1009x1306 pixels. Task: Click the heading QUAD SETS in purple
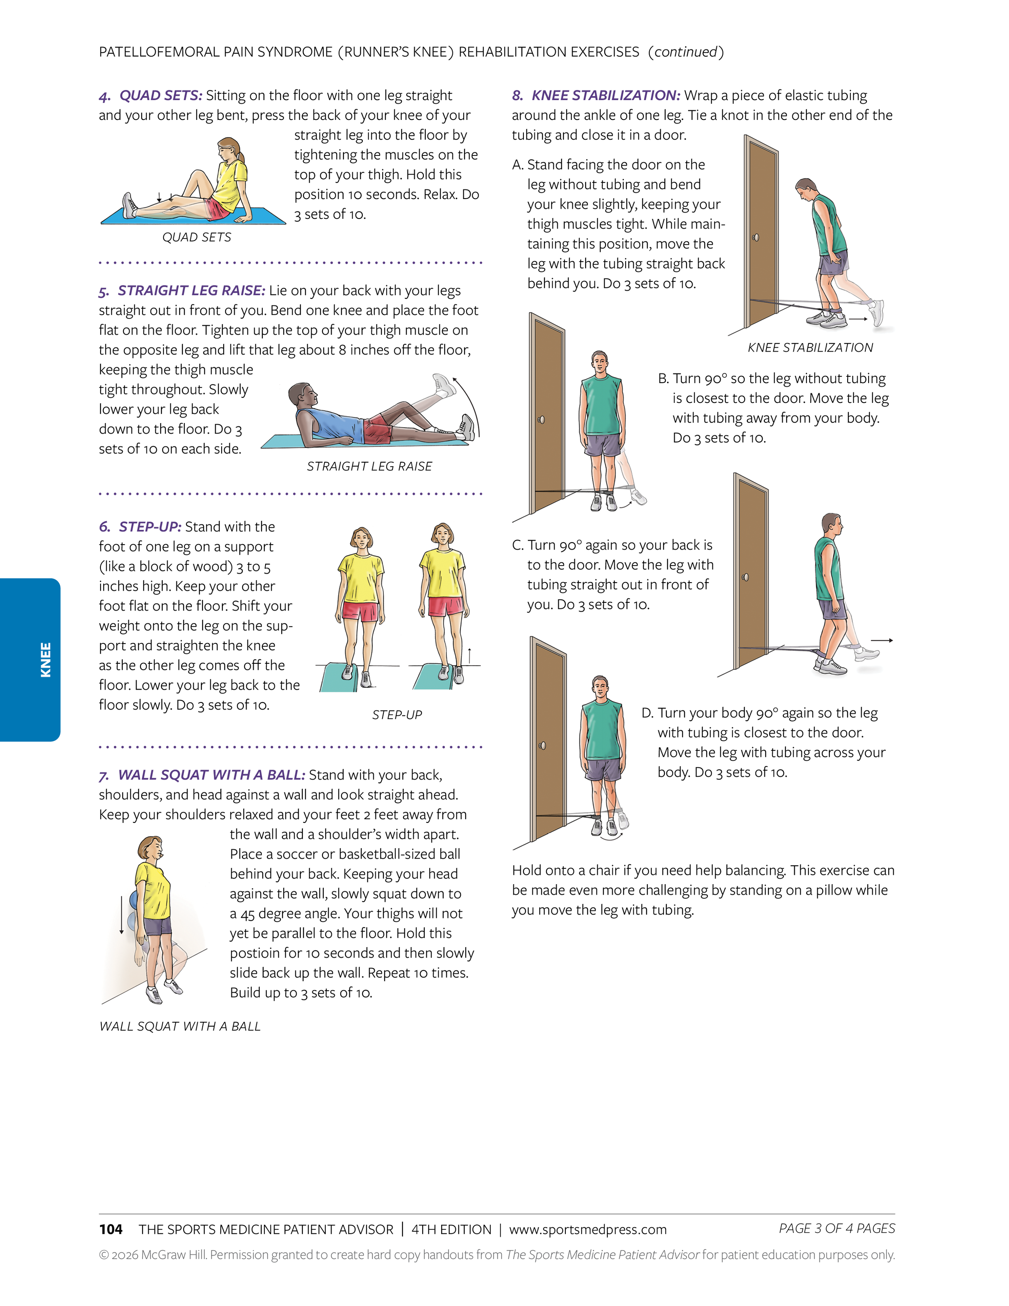click(x=161, y=96)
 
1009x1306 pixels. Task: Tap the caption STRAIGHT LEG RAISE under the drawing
click(x=369, y=466)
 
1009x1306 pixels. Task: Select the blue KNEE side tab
click(x=30, y=660)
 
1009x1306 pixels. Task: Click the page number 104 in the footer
click(x=111, y=1229)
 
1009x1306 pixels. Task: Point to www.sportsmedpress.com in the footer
click(x=588, y=1229)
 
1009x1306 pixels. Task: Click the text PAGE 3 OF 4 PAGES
click(x=836, y=1228)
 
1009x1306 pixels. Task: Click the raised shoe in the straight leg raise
click(x=443, y=384)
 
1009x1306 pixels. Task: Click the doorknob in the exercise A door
click(x=756, y=237)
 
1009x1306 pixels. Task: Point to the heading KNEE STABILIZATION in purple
click(x=605, y=96)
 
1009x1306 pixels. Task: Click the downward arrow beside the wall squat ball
click(x=122, y=914)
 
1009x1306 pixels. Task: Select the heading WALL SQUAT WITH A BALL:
click(x=211, y=775)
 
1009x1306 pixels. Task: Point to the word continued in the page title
click(x=685, y=52)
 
